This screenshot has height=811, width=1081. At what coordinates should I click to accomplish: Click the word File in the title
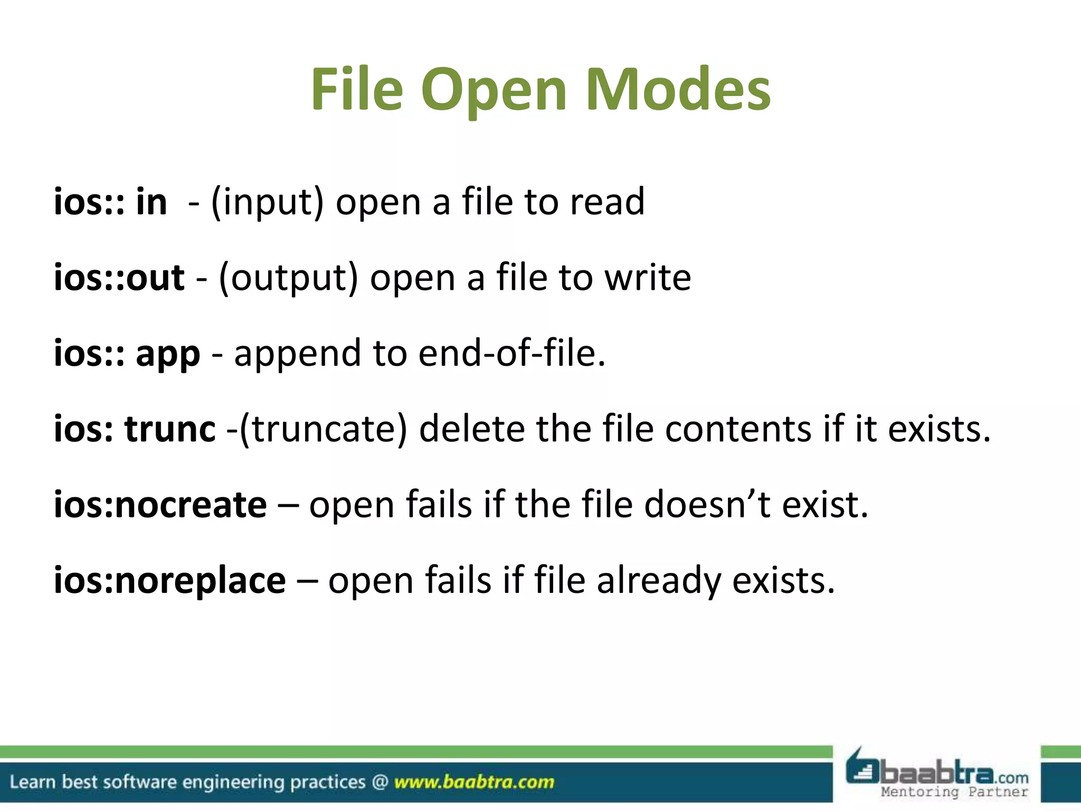pyautogui.click(x=357, y=90)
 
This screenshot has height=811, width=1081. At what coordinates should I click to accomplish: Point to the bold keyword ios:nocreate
pyautogui.click(x=160, y=505)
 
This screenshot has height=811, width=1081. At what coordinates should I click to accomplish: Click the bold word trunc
pyautogui.click(x=170, y=429)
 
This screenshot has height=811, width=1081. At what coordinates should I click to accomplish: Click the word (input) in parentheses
pyautogui.click(x=267, y=202)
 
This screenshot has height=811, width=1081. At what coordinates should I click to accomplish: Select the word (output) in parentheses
pyautogui.click(x=288, y=278)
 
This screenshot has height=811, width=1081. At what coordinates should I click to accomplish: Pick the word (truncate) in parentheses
pyautogui.click(x=324, y=429)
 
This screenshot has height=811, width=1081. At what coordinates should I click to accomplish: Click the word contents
pyautogui.click(x=738, y=429)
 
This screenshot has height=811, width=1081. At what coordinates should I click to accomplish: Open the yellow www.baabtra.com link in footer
pyautogui.click(x=474, y=782)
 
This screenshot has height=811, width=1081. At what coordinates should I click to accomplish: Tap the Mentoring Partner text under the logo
pyautogui.click(x=954, y=792)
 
